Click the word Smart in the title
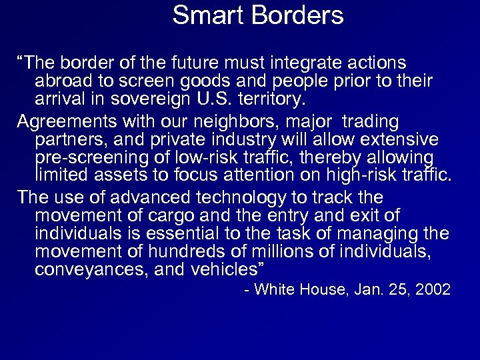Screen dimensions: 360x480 click(x=203, y=15)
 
